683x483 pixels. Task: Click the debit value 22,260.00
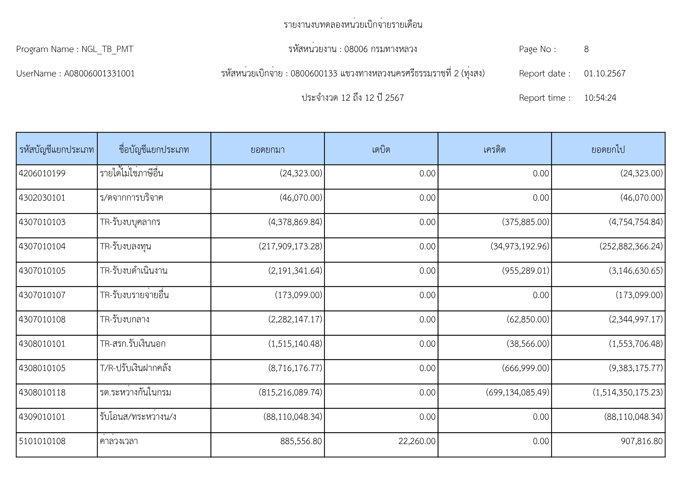(417, 441)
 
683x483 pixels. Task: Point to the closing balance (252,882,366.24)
(631, 246)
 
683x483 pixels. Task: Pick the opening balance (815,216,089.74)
(290, 392)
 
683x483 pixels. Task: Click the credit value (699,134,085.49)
(517, 392)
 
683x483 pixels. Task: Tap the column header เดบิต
(381, 149)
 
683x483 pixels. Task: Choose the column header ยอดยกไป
(608, 149)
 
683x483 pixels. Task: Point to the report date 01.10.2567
(605, 73)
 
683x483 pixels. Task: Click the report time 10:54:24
(600, 98)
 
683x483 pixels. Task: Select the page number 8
(586, 49)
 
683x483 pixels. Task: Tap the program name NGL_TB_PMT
(107, 49)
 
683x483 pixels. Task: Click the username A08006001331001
(99, 73)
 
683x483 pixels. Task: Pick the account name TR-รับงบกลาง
(124, 319)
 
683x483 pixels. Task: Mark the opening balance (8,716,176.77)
(295, 368)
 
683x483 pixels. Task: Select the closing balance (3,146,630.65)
(636, 271)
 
